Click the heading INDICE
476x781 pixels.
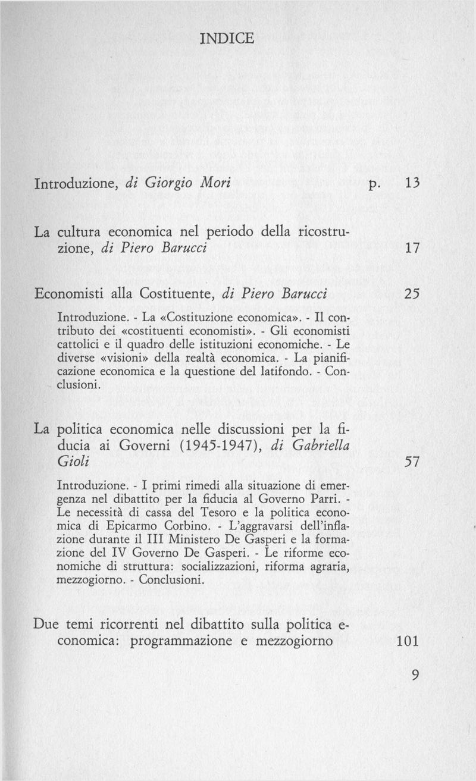click(x=227, y=39)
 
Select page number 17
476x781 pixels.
click(x=413, y=247)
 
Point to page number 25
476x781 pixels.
click(x=413, y=294)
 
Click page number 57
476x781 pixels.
click(x=413, y=462)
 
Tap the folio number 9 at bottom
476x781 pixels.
click(x=415, y=675)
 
